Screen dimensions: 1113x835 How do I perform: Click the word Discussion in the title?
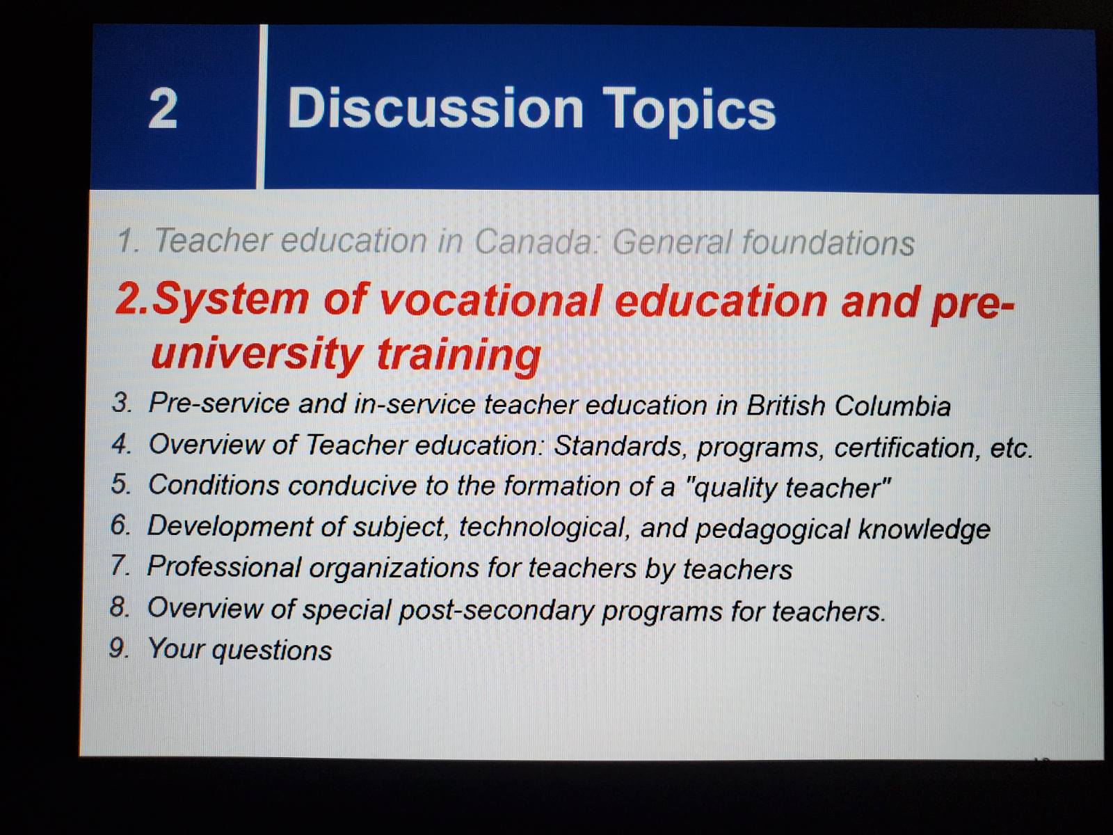pyautogui.click(x=435, y=107)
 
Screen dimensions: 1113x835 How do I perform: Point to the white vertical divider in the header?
pyautogui.click(x=262, y=106)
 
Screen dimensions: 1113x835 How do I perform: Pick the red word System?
pyautogui.click(x=230, y=301)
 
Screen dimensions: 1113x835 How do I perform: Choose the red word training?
pyautogui.click(x=459, y=356)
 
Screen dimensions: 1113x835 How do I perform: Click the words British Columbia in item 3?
pyautogui.click(x=848, y=406)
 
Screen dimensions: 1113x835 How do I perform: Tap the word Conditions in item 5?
pyautogui.click(x=214, y=485)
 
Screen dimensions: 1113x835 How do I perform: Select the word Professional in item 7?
pyautogui.click(x=223, y=567)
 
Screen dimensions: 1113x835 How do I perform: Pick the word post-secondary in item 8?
pyautogui.click(x=496, y=610)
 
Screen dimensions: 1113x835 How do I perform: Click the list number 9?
pyautogui.click(x=118, y=649)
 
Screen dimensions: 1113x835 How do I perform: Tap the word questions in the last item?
pyautogui.click(x=272, y=651)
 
